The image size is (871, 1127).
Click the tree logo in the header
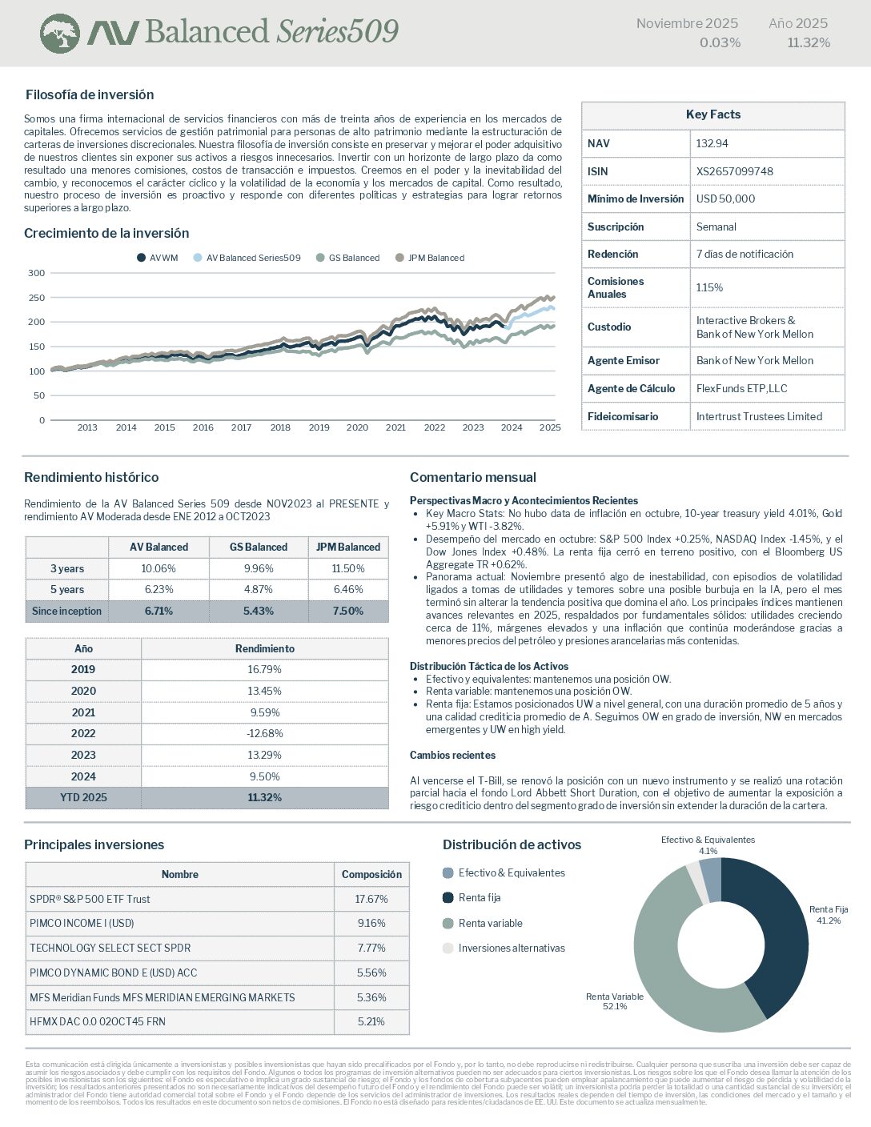(60, 34)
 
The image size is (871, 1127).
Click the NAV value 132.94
(712, 143)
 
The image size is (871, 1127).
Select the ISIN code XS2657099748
(734, 171)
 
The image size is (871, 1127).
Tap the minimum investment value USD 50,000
(725, 199)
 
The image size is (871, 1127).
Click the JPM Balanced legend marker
(400, 258)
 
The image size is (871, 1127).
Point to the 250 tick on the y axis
(37, 298)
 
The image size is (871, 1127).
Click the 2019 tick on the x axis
(319, 427)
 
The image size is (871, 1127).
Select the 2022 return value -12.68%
(265, 733)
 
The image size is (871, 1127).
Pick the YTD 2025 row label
(83, 797)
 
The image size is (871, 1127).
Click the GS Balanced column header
(258, 547)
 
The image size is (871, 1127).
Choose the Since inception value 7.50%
(348, 611)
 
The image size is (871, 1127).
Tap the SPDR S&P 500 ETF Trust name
(90, 899)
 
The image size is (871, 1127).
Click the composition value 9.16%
(371, 923)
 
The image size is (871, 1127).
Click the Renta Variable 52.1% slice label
(615, 1001)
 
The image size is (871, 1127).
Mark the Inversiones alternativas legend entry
(511, 949)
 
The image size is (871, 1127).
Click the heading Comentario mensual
(472, 477)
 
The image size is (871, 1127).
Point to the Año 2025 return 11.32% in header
(809, 42)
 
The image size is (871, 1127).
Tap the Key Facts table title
(712, 114)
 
